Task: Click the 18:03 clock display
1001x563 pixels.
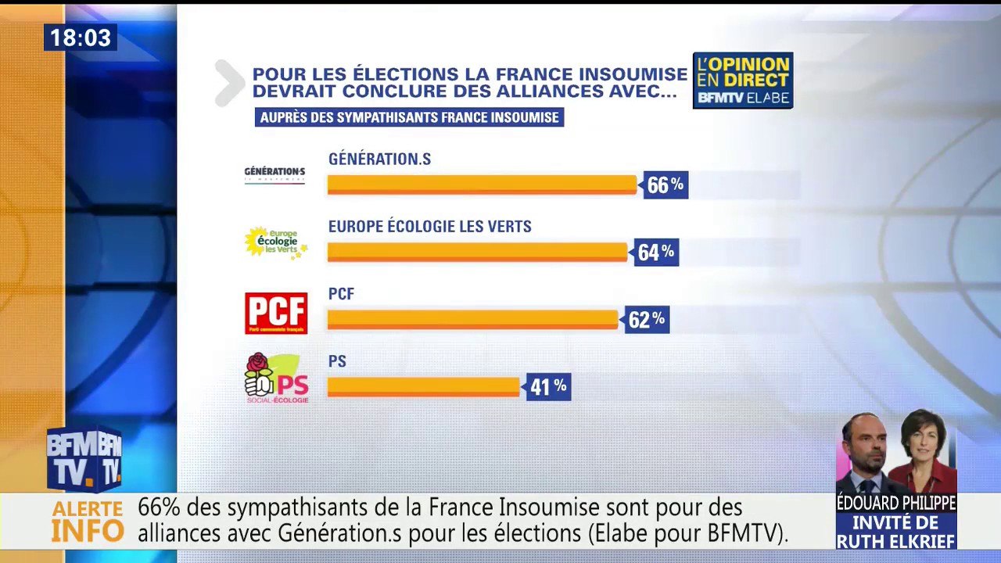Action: click(x=81, y=38)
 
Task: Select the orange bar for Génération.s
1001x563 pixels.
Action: click(x=482, y=185)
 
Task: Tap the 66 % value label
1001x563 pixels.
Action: click(x=666, y=185)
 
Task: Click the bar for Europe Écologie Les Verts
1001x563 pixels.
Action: click(x=477, y=252)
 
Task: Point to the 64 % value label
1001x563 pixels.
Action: click(x=656, y=253)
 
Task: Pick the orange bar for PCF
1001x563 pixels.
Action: click(x=472, y=319)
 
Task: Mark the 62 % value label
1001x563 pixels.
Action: click(x=647, y=320)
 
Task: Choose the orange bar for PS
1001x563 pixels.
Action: click(x=423, y=386)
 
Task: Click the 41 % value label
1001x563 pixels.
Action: click(x=548, y=386)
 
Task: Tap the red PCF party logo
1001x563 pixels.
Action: click(x=276, y=313)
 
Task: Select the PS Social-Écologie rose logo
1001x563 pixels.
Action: click(x=276, y=378)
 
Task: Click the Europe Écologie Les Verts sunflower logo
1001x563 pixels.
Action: click(x=275, y=243)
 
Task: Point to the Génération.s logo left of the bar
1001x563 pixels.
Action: click(x=274, y=174)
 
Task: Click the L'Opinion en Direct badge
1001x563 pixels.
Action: click(x=742, y=80)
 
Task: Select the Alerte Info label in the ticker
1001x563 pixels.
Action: click(x=88, y=522)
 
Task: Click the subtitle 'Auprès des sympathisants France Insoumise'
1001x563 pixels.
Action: click(x=409, y=117)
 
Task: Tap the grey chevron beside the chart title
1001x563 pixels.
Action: click(x=229, y=82)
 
